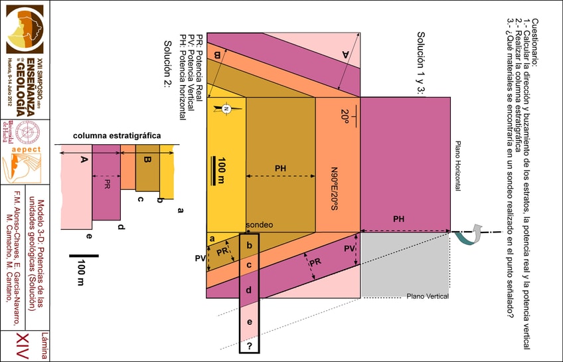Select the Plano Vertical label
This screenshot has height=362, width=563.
coord(428,296)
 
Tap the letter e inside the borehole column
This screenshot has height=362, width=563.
coord(249,322)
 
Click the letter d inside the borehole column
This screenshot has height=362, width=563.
coord(249,290)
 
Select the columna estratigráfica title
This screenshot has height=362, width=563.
coord(117,136)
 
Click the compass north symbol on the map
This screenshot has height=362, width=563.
coord(226,108)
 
